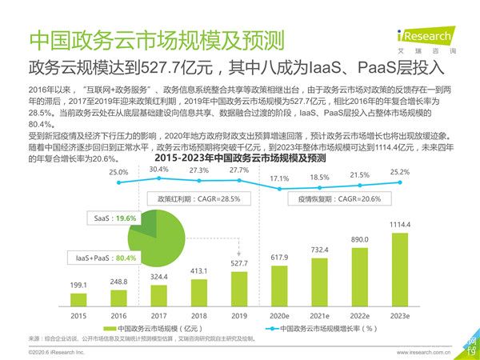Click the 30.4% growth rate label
click(x=159, y=169)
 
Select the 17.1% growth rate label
click(x=280, y=178)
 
